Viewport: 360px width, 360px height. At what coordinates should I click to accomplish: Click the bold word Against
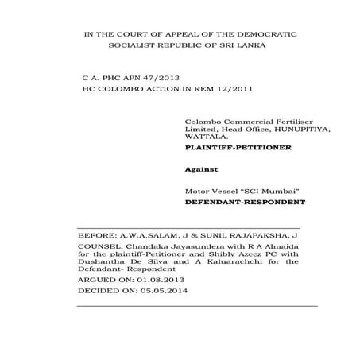click(x=200, y=169)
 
